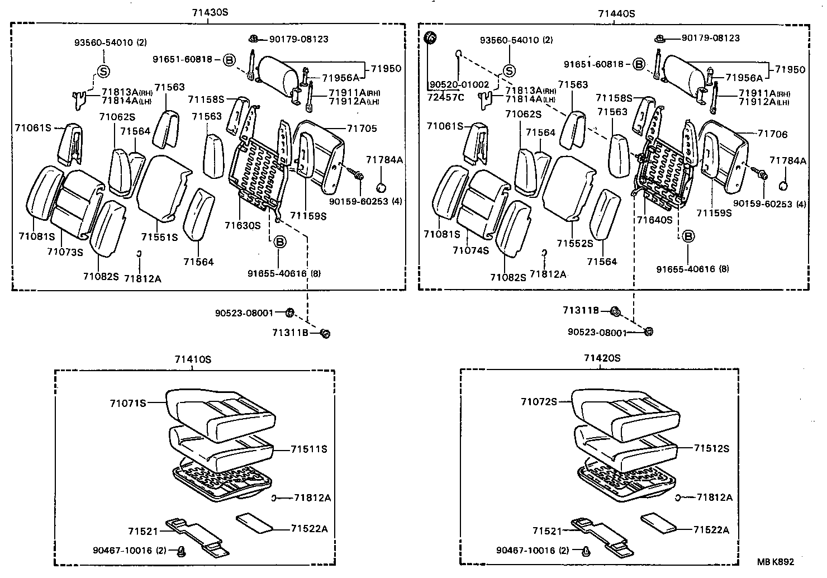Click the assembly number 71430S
(x=209, y=13)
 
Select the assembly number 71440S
(x=616, y=13)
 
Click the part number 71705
(x=362, y=129)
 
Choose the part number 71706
(x=772, y=134)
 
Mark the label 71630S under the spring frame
(x=243, y=225)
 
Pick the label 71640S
(x=654, y=220)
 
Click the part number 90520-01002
(x=459, y=84)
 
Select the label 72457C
(x=446, y=97)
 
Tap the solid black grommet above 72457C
(x=431, y=38)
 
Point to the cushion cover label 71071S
(x=127, y=402)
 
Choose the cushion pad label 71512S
(x=712, y=448)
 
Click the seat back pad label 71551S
(x=159, y=237)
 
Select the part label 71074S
(x=470, y=250)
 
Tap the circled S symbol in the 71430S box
(x=103, y=71)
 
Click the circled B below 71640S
(x=689, y=236)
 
